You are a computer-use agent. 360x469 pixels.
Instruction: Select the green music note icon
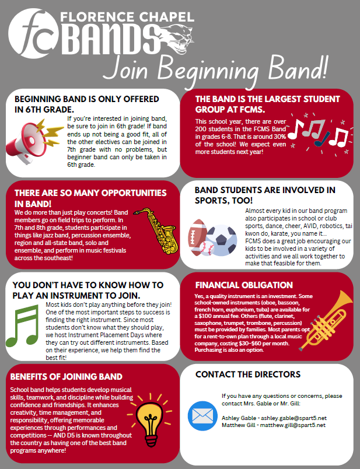pyautogui.click(x=29, y=333)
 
